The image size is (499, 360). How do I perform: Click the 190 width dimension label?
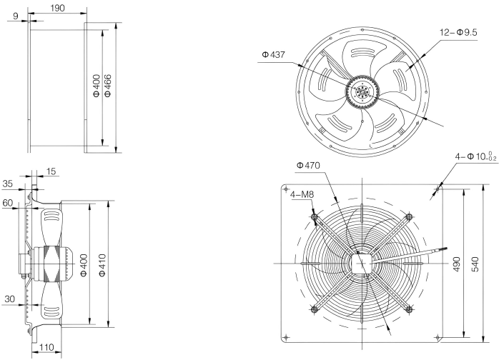[x=58, y=8]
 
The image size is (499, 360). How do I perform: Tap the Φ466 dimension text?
[x=108, y=86]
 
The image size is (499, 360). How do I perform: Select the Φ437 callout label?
[x=273, y=55]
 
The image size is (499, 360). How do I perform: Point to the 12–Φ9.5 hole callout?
[x=458, y=32]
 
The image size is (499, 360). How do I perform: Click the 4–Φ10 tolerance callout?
[x=476, y=156]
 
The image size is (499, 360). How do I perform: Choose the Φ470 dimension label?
[x=308, y=166]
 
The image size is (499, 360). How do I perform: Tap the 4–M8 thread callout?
[x=302, y=194]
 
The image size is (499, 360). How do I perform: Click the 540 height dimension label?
[x=475, y=264]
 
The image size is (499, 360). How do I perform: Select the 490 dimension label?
[x=456, y=264]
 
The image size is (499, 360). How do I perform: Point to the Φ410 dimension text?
[x=102, y=265]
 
